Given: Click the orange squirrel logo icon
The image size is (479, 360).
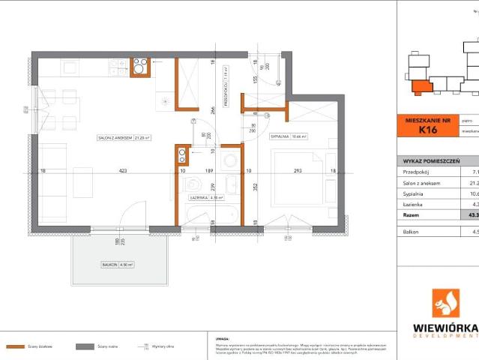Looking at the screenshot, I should coord(447,304).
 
